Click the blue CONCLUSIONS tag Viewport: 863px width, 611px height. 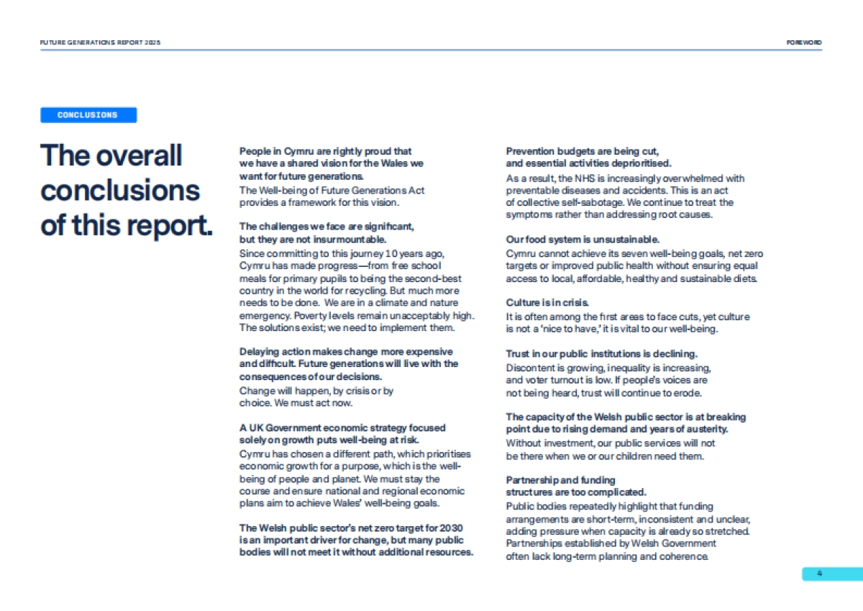coord(88,115)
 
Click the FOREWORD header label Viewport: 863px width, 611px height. coord(804,42)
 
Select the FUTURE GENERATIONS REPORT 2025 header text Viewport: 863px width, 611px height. coord(101,42)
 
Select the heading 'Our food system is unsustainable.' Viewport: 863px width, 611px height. coord(583,239)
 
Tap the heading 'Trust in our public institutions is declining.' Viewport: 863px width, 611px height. coord(601,353)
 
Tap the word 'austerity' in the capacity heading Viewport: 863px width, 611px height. coord(705,429)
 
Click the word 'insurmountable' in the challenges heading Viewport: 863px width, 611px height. coord(352,239)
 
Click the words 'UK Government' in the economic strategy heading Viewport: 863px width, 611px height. coord(275,427)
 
